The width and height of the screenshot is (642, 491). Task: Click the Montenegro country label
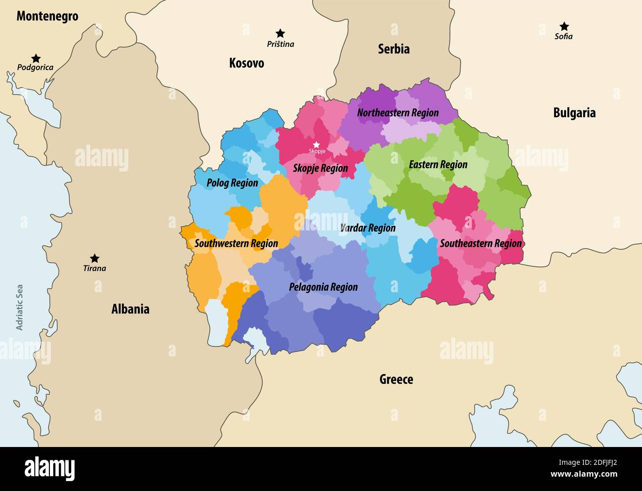47,16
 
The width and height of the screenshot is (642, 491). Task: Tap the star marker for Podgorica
36,58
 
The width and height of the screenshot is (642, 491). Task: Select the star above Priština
280,33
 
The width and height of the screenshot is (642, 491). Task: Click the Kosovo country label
246,63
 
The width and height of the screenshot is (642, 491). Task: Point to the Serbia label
394,49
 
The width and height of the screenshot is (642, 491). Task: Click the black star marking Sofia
563,26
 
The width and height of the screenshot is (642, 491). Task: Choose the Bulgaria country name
574,113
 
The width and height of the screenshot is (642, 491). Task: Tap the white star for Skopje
317,144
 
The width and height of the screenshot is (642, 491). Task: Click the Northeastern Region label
398,113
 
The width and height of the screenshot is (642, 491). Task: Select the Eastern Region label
438,165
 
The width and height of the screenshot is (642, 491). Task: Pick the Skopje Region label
320,168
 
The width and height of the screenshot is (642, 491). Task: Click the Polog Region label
232,183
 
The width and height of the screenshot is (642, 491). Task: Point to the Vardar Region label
367,228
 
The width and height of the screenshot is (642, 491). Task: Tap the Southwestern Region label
236,243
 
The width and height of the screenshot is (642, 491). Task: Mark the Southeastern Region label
481,243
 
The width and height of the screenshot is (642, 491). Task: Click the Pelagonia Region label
323,287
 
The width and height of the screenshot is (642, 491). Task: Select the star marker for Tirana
94,258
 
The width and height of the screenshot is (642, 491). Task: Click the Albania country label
130,309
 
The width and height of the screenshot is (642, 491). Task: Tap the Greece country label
396,379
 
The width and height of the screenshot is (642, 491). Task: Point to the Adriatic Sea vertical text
20,307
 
